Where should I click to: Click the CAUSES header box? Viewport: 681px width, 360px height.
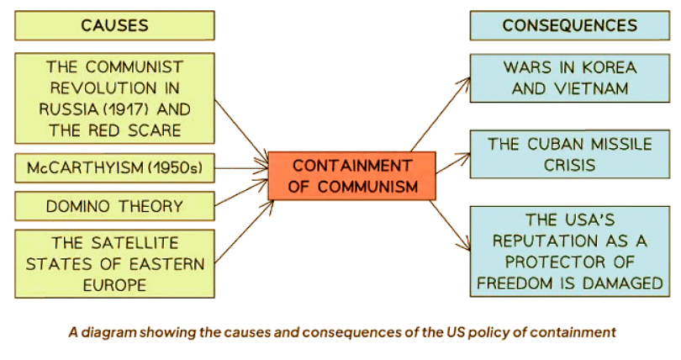click(x=114, y=25)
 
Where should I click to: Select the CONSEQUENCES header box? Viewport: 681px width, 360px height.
click(x=569, y=25)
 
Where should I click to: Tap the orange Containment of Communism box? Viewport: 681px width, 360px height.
click(x=352, y=176)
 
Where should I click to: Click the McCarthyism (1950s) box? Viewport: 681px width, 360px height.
click(x=114, y=167)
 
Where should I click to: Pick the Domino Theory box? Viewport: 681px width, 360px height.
click(x=114, y=205)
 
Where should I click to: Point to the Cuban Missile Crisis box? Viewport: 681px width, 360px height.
click(x=569, y=154)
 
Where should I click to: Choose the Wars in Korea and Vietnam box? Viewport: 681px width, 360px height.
click(x=569, y=77)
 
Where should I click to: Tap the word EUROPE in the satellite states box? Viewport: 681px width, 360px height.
click(x=114, y=284)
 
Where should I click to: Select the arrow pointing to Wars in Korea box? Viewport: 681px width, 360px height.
click(x=441, y=114)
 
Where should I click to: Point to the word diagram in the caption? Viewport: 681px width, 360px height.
click(x=109, y=332)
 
